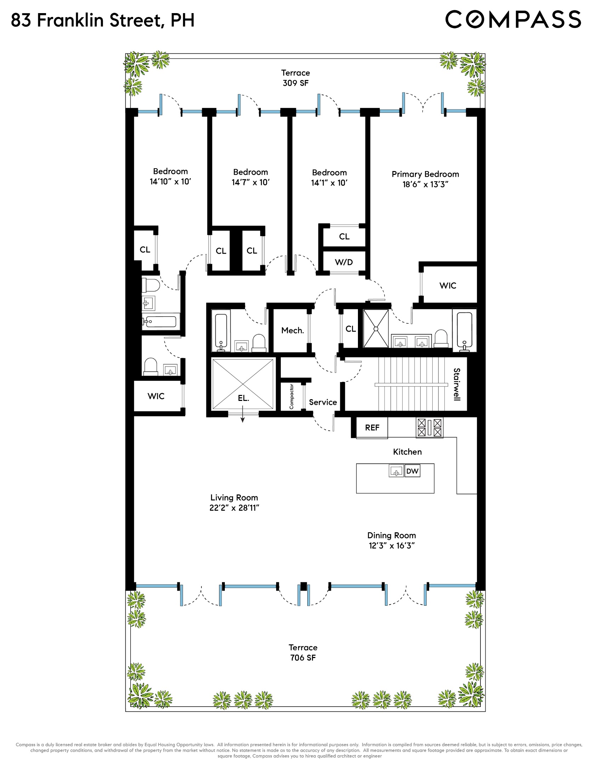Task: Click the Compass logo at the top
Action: click(513, 19)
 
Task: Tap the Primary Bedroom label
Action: click(425, 174)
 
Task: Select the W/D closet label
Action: click(344, 262)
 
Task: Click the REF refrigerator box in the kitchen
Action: click(372, 427)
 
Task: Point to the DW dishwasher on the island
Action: click(412, 471)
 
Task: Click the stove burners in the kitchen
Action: click(429, 427)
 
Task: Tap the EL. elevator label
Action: click(243, 398)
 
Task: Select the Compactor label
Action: click(291, 396)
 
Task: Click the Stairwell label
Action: click(457, 384)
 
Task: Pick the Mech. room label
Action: click(292, 330)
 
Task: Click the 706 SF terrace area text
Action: click(303, 658)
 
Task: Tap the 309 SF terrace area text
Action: click(296, 83)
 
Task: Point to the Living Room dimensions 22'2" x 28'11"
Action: click(234, 508)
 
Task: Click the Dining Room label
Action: click(392, 535)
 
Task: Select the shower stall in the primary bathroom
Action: click(376, 329)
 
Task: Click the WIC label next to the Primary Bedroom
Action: click(448, 285)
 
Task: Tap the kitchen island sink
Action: click(396, 471)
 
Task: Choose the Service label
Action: click(323, 402)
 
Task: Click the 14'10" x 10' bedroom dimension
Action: click(170, 182)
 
